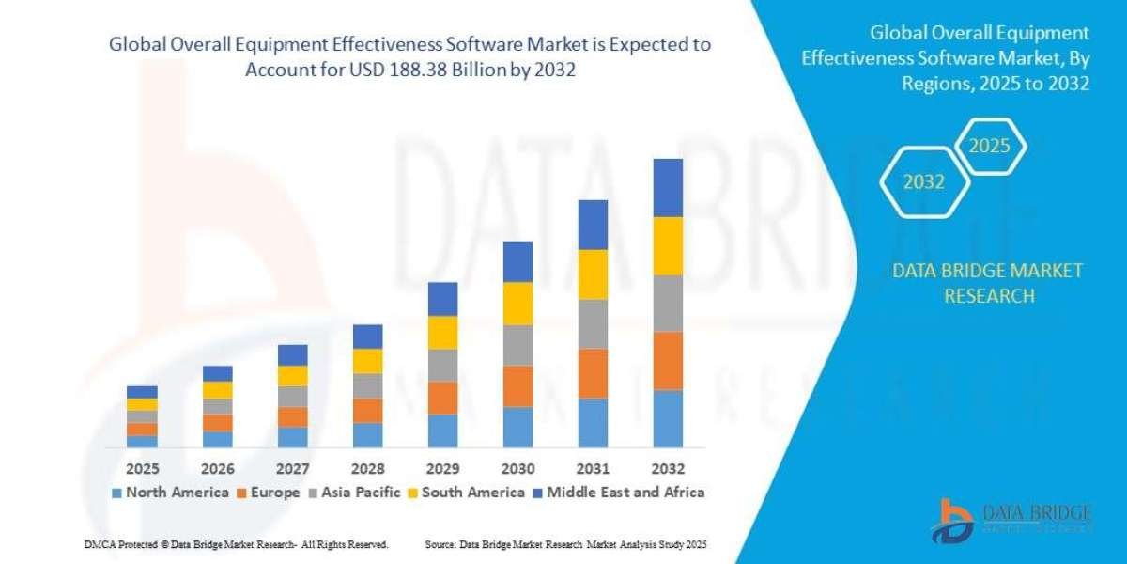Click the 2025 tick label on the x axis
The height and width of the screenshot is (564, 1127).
pyautogui.click(x=142, y=468)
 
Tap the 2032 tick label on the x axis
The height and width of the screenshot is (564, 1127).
pyautogui.click(x=668, y=468)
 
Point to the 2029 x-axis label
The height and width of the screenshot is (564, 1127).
pyautogui.click(x=442, y=468)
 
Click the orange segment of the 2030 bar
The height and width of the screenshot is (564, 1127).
pyautogui.click(x=517, y=385)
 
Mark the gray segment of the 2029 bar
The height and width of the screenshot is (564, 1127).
pyautogui.click(x=442, y=365)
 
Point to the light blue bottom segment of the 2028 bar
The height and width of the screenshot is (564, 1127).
pyautogui.click(x=367, y=434)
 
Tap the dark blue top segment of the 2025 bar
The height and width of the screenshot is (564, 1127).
pyautogui.click(x=142, y=391)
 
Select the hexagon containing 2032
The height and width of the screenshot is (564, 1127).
pyautogui.click(x=923, y=182)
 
